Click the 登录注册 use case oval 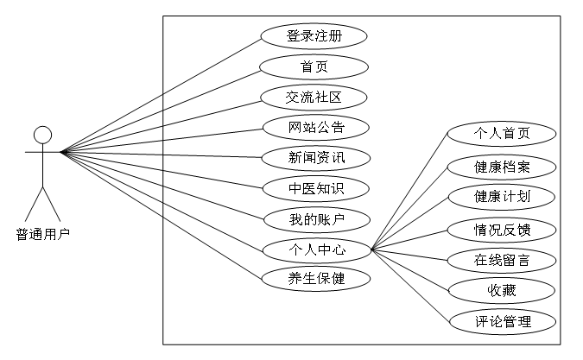tap(314, 36)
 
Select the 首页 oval tap(314, 66)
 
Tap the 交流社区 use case tap(314, 97)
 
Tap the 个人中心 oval tap(316, 249)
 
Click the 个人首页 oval tap(502, 134)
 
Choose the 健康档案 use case tap(502, 166)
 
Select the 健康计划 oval tap(502, 196)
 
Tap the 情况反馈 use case tap(502, 229)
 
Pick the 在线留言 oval tap(502, 259)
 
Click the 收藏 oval tap(502, 290)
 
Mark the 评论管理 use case tap(502, 322)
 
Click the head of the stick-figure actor tap(42, 135)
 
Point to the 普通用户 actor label tap(42, 233)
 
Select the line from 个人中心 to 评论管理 tap(412, 287)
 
